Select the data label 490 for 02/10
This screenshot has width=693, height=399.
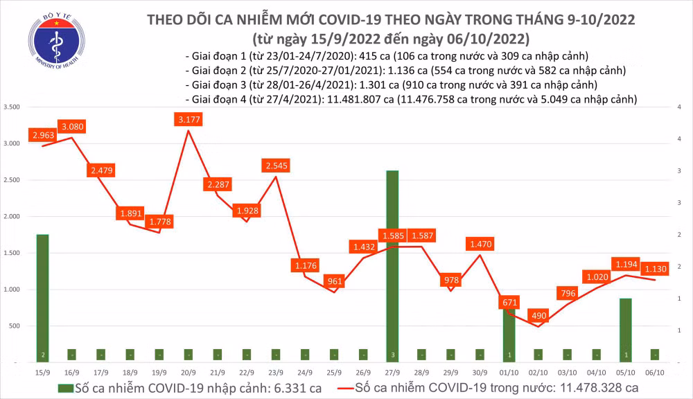tap(539, 315)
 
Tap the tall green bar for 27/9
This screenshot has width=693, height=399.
tap(392, 263)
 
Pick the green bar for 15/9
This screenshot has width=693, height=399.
tap(42, 298)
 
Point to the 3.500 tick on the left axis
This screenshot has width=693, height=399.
tap(11, 107)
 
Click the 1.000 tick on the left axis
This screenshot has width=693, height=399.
tap(11, 290)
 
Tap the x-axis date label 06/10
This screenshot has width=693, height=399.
tap(654, 373)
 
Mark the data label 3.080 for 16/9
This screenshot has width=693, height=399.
tap(72, 127)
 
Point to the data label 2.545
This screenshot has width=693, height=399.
tap(276, 166)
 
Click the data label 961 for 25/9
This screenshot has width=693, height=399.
tap(334, 282)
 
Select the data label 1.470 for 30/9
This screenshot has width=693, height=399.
tap(480, 245)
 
